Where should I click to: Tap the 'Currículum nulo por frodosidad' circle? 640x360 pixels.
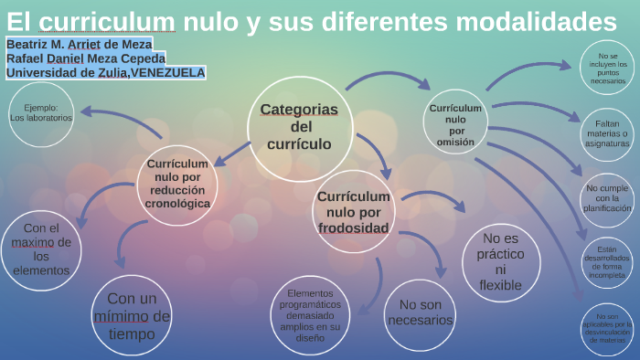coord(353,211)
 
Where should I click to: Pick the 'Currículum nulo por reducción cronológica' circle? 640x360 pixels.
coord(177,184)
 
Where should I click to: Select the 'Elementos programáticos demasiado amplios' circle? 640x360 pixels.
coord(312,315)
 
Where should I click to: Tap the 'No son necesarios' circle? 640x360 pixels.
coord(420,313)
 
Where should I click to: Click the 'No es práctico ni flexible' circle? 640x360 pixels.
coord(500,261)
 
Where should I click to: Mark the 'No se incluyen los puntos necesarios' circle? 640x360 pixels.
coord(608,66)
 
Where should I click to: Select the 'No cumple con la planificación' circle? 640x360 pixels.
coord(608,197)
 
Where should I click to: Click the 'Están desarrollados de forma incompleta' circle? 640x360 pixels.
coord(608,261)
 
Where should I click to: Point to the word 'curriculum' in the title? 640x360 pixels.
coord(108,21)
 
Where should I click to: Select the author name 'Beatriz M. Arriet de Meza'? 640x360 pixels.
coord(79,44)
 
